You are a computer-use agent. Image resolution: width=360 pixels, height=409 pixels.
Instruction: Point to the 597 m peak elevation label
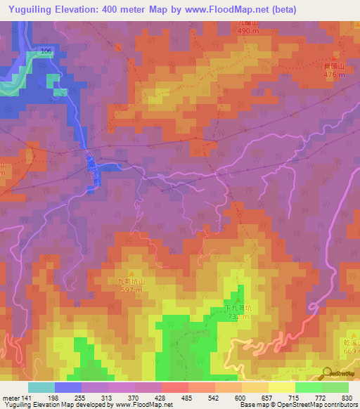pyautogui.click(x=130, y=289)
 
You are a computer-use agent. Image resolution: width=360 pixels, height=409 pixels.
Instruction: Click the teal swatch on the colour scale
pyautogui.click(x=41, y=387)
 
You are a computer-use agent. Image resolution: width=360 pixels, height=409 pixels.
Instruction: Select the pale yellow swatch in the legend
pyautogui.click(x=282, y=387)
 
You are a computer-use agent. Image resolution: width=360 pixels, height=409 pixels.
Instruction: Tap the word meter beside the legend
pyautogui.click(x=11, y=398)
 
